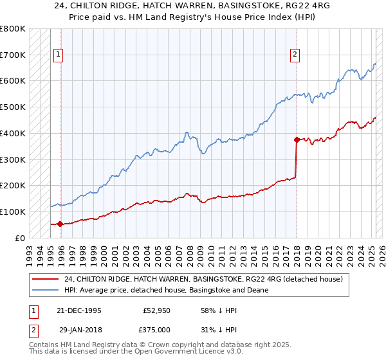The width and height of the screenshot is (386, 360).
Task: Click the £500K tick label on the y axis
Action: pyautogui.click(x=13, y=107)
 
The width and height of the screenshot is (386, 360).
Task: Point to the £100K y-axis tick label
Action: pyautogui.click(x=13, y=212)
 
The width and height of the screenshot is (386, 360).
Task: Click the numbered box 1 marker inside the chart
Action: pyautogui.click(x=58, y=55)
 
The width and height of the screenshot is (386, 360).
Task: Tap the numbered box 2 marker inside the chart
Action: pyautogui.click(x=295, y=55)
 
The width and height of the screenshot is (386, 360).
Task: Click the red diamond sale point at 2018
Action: pyautogui.click(x=297, y=139)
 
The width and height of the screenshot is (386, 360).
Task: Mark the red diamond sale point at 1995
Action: pyautogui.click(x=60, y=224)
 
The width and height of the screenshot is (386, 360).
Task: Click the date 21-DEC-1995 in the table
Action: pyautogui.click(x=80, y=310)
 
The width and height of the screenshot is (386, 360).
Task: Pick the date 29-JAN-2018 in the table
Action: pyautogui.click(x=80, y=330)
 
